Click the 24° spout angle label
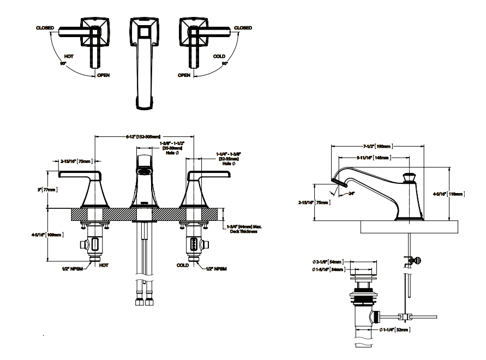[x=352, y=193]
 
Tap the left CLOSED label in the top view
[x=45, y=28]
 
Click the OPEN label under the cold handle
[x=184, y=75]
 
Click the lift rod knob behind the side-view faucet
[x=419, y=260]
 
